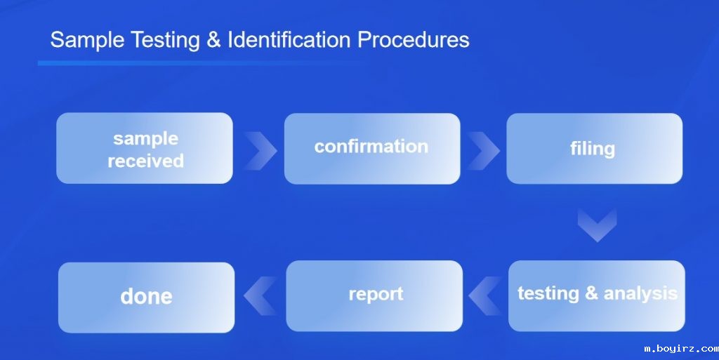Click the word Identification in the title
(x=289, y=39)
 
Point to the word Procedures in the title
(x=414, y=39)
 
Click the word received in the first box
(x=145, y=161)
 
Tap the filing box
(x=593, y=148)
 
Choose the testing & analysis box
(x=597, y=295)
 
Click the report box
(x=375, y=295)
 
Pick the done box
(x=146, y=297)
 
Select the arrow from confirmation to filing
(x=483, y=149)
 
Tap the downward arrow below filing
(x=597, y=225)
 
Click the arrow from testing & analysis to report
(x=484, y=295)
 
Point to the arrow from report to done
(x=260, y=295)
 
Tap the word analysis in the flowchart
(x=640, y=293)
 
